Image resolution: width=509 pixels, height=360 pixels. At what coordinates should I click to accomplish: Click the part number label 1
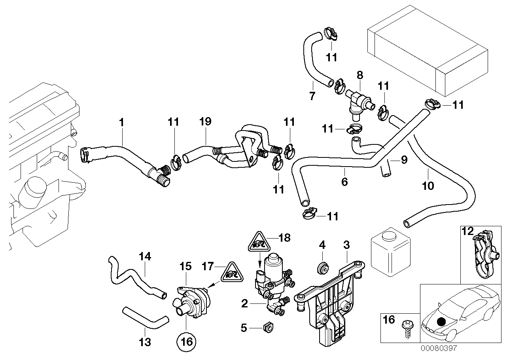(122, 123)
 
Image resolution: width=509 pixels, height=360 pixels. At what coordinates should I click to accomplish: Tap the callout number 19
(206, 123)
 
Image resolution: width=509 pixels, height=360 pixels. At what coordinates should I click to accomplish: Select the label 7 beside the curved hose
(312, 95)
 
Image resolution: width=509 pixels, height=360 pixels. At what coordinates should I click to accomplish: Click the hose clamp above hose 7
(331, 34)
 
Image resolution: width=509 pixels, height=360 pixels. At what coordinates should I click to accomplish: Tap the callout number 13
(146, 342)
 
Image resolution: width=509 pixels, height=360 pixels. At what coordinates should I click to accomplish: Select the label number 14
(145, 256)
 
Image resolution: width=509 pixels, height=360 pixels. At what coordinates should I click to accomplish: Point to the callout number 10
(428, 185)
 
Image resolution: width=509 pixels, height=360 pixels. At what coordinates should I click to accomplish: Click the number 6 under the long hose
(344, 182)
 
